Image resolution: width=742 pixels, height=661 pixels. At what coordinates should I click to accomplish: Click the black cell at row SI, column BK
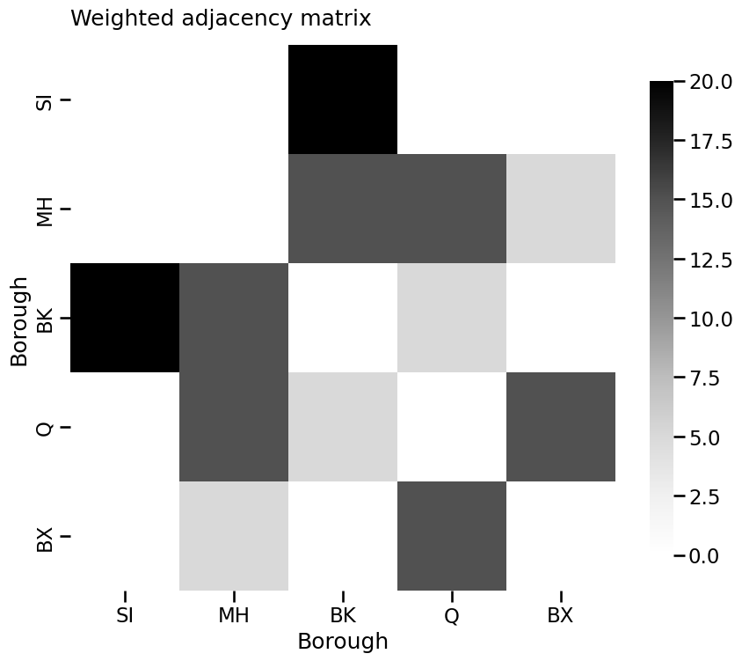click(x=343, y=99)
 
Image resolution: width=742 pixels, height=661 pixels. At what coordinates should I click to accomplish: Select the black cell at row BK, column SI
click(x=125, y=318)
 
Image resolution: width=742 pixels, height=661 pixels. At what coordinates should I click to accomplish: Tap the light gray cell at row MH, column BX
click(x=561, y=209)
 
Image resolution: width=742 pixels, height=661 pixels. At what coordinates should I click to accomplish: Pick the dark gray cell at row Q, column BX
click(x=561, y=427)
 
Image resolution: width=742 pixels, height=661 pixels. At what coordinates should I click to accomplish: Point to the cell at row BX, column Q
click(x=452, y=536)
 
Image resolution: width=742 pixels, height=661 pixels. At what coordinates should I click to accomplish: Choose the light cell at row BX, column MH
click(x=234, y=536)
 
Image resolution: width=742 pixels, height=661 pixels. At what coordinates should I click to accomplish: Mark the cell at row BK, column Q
click(x=452, y=318)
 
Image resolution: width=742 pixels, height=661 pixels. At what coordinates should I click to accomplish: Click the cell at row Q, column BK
click(x=343, y=427)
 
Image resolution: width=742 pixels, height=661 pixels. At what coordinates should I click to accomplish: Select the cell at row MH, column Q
click(x=452, y=209)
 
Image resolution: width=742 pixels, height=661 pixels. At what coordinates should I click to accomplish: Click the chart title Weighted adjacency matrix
click(x=221, y=18)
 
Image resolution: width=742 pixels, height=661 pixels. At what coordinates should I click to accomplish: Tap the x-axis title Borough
click(x=343, y=641)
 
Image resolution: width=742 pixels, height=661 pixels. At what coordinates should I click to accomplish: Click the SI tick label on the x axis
click(x=125, y=615)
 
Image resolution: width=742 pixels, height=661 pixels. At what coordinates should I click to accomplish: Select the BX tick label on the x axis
click(x=561, y=615)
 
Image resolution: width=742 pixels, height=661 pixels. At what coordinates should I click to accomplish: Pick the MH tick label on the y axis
click(x=45, y=212)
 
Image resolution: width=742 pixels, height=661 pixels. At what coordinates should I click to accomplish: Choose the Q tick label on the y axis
click(x=45, y=429)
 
